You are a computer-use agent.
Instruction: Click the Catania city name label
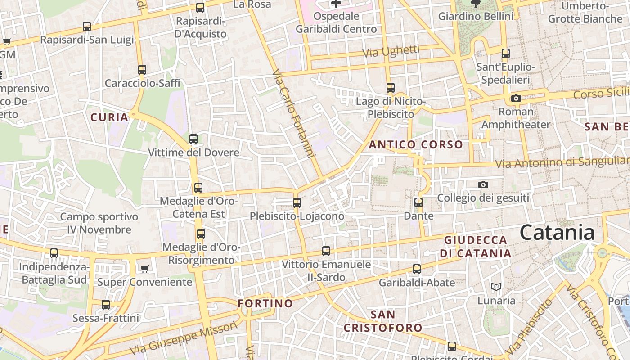[557, 233]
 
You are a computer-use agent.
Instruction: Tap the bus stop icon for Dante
[418, 202]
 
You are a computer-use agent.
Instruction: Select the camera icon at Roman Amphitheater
[516, 98]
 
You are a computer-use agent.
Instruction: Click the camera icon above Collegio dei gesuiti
[483, 184]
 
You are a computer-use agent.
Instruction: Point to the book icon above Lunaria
[496, 287]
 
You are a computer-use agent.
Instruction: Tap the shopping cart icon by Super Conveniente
[144, 269]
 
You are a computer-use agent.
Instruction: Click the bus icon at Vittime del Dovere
[193, 139]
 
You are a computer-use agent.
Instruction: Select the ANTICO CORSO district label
[416, 145]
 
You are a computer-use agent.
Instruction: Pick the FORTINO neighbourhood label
[265, 303]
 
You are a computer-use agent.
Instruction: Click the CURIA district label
[109, 118]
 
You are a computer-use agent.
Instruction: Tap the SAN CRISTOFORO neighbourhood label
[383, 321]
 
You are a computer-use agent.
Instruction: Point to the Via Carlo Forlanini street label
[293, 113]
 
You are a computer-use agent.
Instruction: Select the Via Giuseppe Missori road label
[184, 338]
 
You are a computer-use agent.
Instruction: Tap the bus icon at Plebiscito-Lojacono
[297, 203]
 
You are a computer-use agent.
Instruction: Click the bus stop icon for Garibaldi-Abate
[417, 269]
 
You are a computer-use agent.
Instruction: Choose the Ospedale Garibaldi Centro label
[336, 22]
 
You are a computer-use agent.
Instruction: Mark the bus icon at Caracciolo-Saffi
[142, 70]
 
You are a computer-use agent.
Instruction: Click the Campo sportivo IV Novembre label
[99, 223]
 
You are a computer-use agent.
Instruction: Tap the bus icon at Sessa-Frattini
[106, 305]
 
